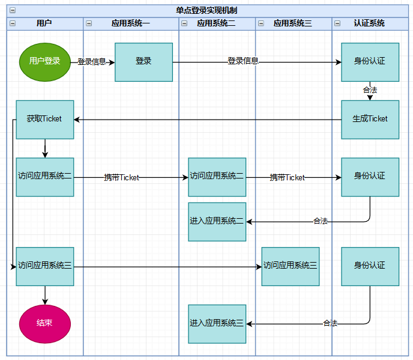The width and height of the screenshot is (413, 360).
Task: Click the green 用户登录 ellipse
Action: pyautogui.click(x=45, y=61)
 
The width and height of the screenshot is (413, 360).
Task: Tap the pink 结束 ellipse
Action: pyautogui.click(x=45, y=323)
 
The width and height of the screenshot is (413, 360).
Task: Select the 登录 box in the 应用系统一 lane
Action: pyautogui.click(x=143, y=61)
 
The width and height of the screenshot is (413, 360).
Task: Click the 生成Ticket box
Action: pyautogui.click(x=370, y=119)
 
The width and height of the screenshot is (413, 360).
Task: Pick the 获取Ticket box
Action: pyautogui.click(x=45, y=119)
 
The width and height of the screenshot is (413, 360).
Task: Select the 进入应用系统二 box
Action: pyautogui.click(x=217, y=221)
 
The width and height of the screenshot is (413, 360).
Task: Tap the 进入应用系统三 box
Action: pyautogui.click(x=217, y=323)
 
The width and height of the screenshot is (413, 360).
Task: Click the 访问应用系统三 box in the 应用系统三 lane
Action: pyautogui.click(x=290, y=266)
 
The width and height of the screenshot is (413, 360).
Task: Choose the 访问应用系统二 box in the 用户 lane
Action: pyautogui.click(x=45, y=177)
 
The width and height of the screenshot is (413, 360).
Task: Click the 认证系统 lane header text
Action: pyautogui.click(x=369, y=23)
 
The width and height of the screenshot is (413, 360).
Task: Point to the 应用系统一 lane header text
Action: pyautogui.click(x=131, y=23)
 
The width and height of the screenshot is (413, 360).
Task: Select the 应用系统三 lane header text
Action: pyautogui.click(x=293, y=23)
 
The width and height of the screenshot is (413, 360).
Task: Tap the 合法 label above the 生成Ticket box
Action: pyautogui.click(x=370, y=90)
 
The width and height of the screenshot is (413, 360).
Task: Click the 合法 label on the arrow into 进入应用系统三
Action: pyautogui.click(x=330, y=323)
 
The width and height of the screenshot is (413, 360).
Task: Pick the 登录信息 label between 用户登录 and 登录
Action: pyautogui.click(x=92, y=61)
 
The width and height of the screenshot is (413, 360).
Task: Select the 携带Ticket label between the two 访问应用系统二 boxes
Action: pyautogui.click(x=121, y=177)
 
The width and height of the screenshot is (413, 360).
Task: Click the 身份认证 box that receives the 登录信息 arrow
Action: pyautogui.click(x=370, y=61)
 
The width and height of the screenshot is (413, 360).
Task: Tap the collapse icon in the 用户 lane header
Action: pyautogui.click(x=13, y=23)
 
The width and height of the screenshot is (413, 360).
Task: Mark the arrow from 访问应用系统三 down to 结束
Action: pyautogui.click(x=45, y=294)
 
